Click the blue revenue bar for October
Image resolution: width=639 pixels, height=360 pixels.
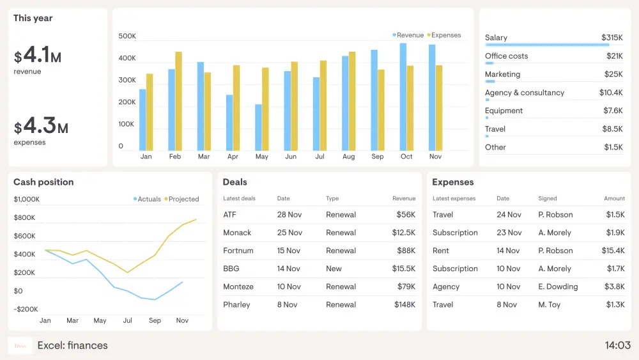403,97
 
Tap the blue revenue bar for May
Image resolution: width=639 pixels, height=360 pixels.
258,127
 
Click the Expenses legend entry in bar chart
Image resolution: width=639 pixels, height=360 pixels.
445,35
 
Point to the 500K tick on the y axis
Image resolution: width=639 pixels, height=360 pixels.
127,36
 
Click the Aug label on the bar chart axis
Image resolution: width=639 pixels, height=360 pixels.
348,157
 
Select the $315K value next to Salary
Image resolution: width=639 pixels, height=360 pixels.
612,38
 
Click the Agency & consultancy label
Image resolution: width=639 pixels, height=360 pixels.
524,93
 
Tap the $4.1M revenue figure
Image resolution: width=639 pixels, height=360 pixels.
38,56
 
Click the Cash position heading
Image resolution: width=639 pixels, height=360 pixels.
43,182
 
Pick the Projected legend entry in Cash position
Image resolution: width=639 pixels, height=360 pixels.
183,199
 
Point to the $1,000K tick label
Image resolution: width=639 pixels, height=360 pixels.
26,200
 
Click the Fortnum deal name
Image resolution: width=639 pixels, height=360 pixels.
238,251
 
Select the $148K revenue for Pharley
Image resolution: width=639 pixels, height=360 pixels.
404,304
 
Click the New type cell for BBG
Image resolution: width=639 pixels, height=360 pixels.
334,269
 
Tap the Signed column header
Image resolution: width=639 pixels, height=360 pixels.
547,198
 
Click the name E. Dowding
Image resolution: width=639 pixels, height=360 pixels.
557,286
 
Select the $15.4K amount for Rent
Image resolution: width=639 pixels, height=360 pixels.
613,251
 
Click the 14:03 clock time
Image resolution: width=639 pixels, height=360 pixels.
617,346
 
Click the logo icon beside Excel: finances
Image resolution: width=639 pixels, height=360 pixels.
20,346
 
